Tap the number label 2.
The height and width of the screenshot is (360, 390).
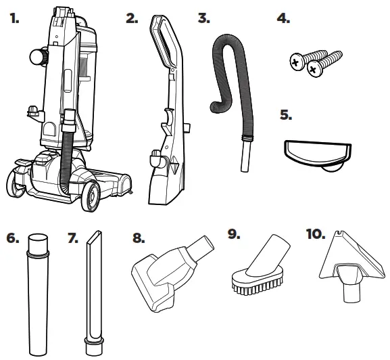pyautogui.click(x=132, y=18)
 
